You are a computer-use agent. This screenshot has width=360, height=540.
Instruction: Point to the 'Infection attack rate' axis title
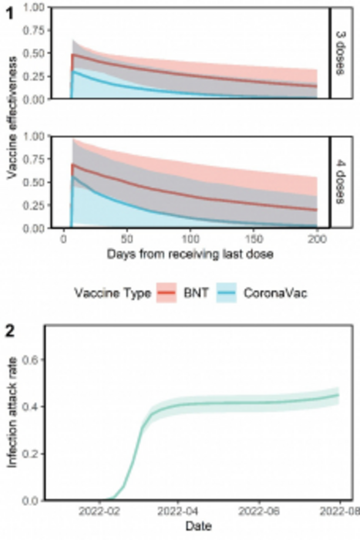click(11, 426)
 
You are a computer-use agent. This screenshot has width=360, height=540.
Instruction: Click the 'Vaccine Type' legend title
click(113, 292)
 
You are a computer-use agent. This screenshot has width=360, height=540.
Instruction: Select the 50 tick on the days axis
click(125, 241)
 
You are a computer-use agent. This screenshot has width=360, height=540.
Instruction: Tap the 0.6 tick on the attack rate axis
click(32, 359)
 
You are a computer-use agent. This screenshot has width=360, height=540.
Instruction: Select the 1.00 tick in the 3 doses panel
click(29, 7)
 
